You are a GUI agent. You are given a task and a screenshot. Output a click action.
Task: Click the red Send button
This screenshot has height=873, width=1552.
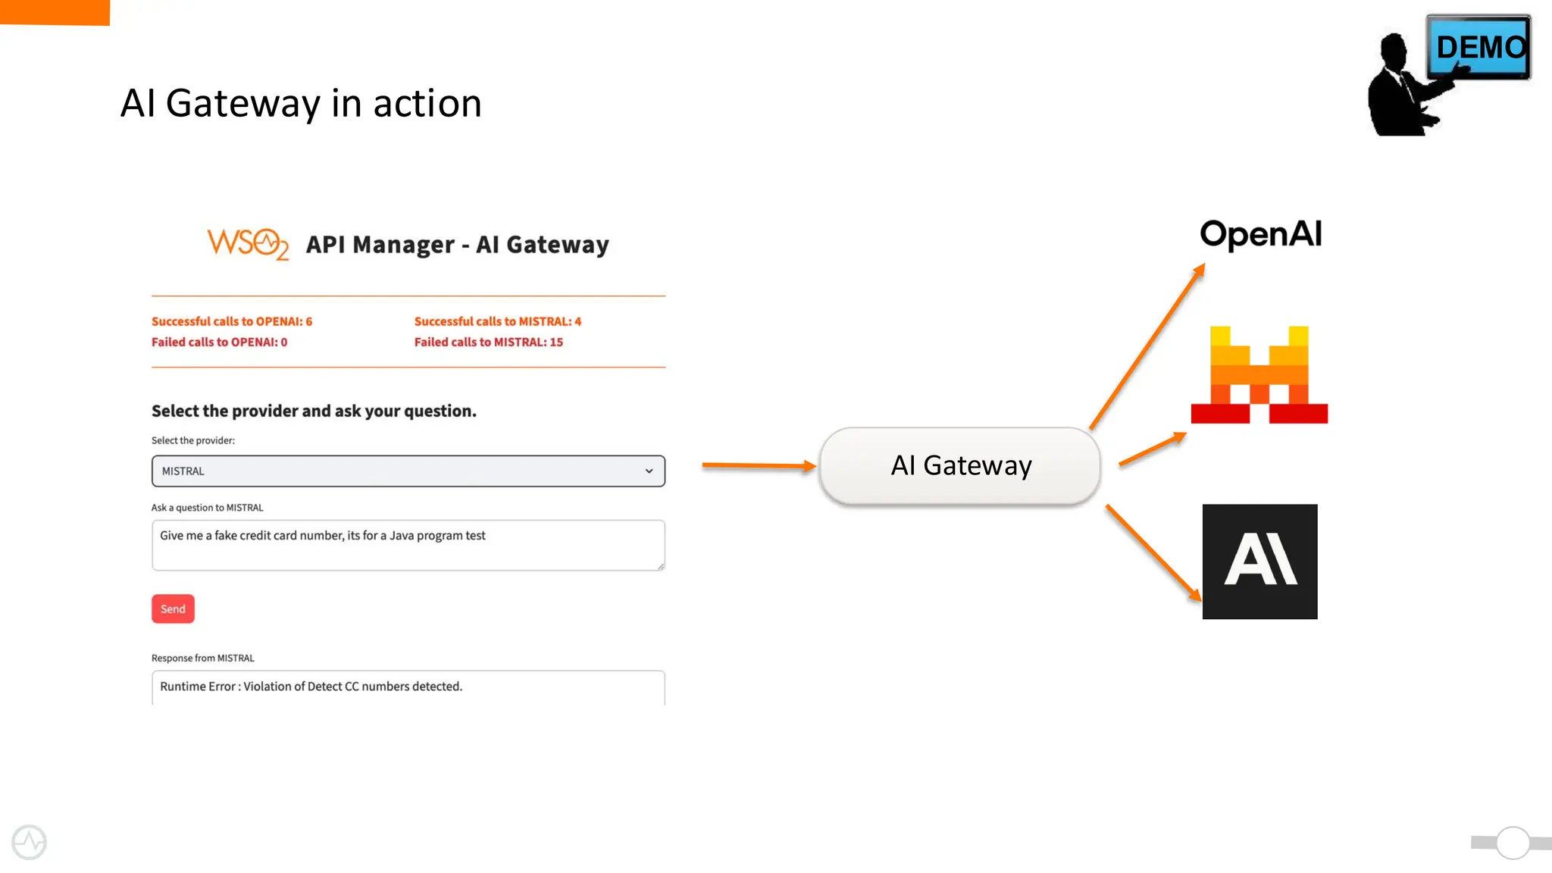173,609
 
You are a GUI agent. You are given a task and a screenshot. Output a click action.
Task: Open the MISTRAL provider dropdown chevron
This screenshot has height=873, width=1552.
649,471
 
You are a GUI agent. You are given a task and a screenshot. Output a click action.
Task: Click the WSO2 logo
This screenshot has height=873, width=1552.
248,244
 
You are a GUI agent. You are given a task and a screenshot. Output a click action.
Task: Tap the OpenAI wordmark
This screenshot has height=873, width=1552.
1261,234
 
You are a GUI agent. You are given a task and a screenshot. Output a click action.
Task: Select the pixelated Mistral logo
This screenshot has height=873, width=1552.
1259,375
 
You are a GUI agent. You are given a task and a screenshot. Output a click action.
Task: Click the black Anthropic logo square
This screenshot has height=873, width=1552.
1259,562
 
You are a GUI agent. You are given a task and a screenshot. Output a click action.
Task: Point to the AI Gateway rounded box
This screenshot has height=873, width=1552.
960,465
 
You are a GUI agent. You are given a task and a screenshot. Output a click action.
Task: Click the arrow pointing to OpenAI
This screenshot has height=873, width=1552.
1147,347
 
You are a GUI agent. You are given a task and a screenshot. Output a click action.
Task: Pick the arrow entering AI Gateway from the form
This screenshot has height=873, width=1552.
758,465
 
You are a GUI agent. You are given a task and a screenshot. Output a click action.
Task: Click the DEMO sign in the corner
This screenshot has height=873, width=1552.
1478,47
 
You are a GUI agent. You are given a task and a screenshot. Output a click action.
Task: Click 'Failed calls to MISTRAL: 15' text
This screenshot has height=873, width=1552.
488,342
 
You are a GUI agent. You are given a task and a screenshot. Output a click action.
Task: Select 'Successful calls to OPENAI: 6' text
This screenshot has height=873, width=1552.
232,321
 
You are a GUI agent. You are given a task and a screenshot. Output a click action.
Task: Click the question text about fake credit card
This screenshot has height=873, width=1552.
323,535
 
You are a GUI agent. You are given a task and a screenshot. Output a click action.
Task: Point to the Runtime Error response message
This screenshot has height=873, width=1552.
311,686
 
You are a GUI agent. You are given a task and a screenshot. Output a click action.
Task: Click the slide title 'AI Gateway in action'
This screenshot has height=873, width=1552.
301,103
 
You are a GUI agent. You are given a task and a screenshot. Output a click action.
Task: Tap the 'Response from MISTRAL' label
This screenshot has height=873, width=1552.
203,658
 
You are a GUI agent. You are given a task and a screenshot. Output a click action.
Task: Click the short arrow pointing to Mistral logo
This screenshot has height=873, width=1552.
1152,449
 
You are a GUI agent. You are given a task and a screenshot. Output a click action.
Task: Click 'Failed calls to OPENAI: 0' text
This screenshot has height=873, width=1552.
219,342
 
